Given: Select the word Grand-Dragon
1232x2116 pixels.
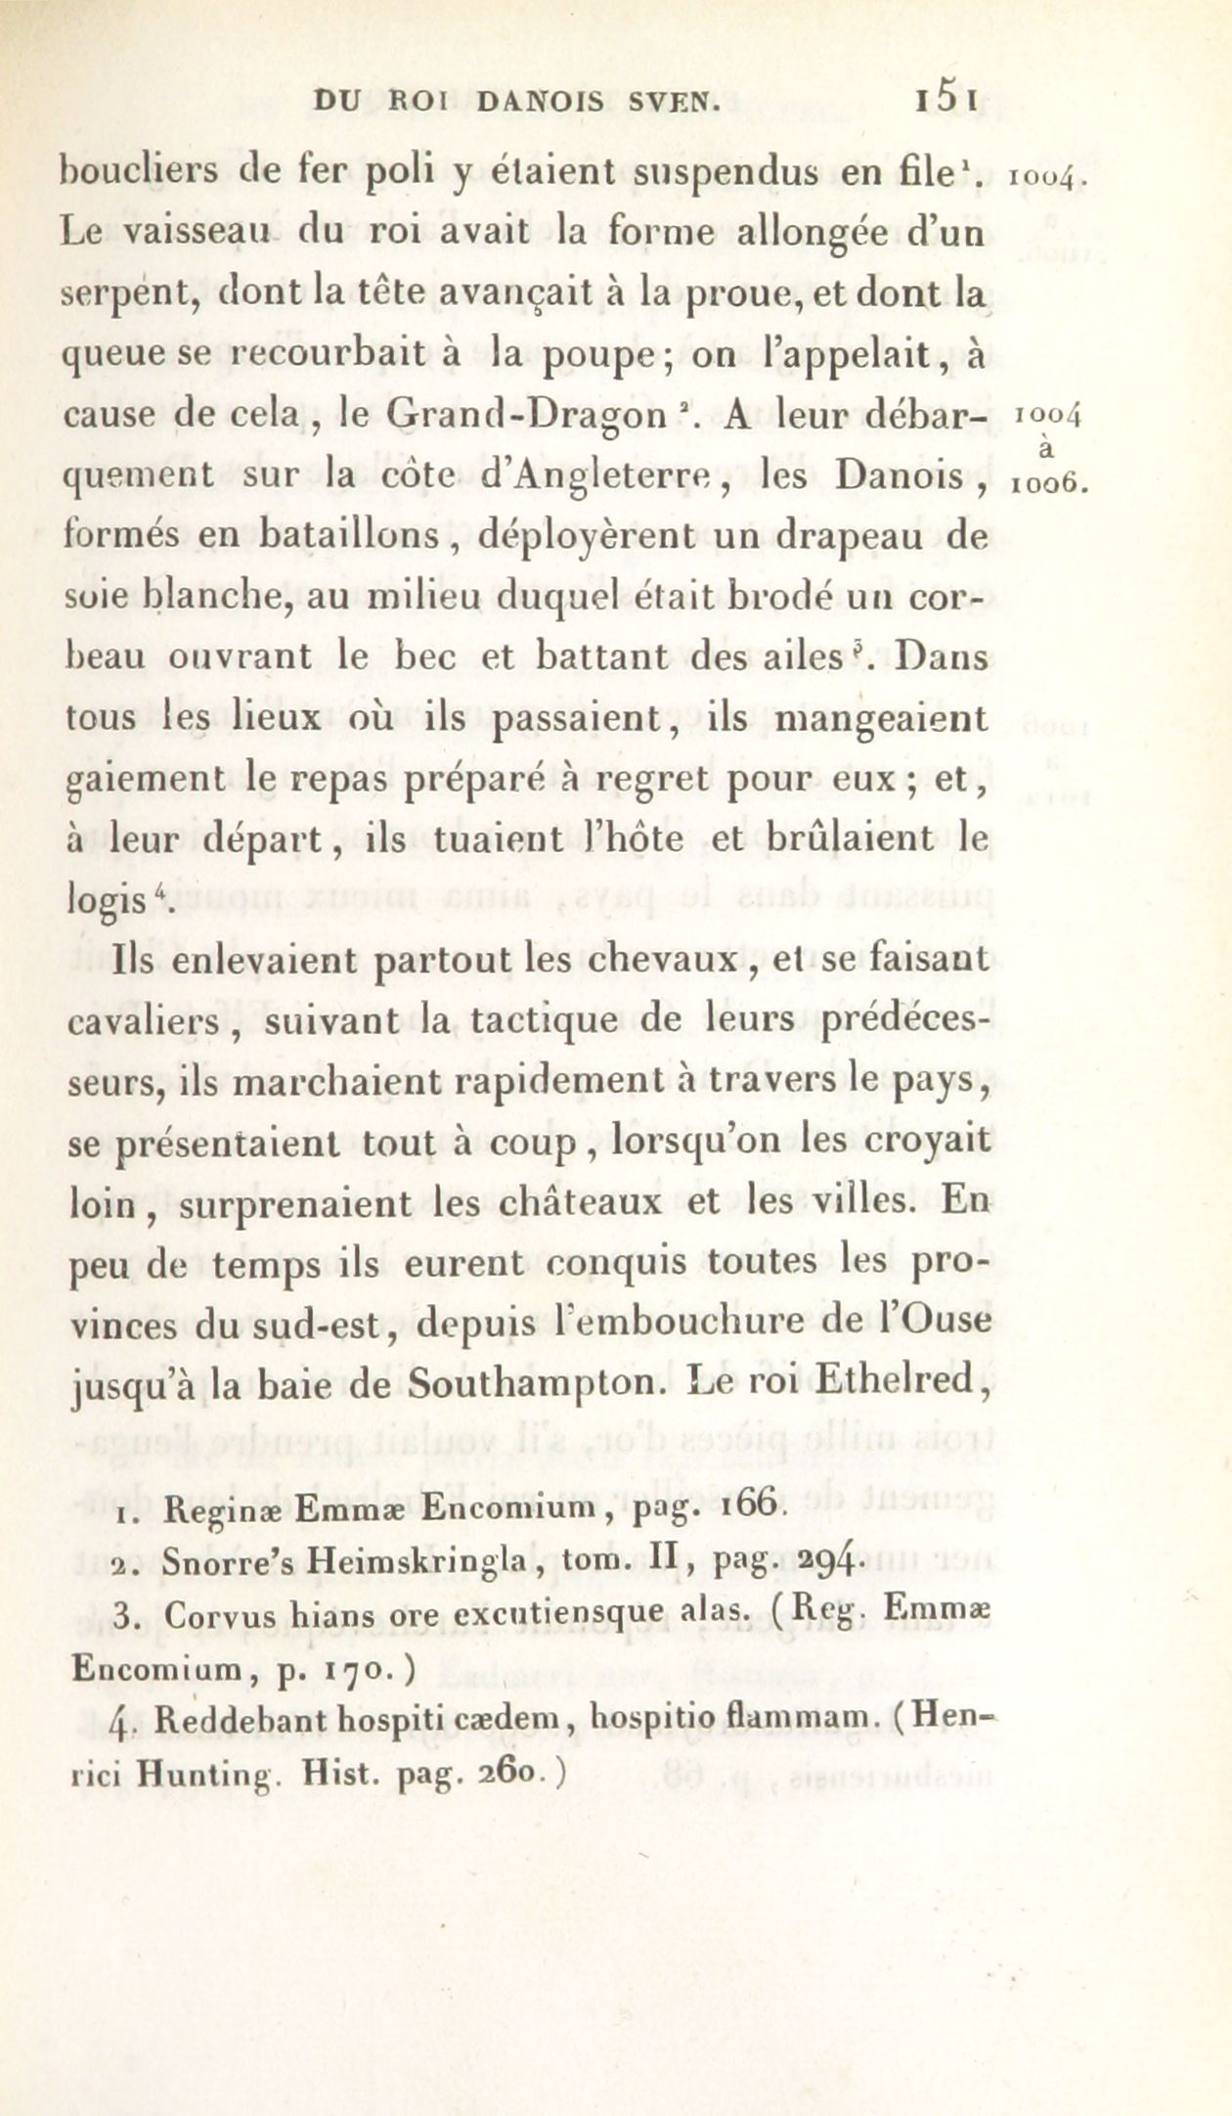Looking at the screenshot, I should coord(527,416).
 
